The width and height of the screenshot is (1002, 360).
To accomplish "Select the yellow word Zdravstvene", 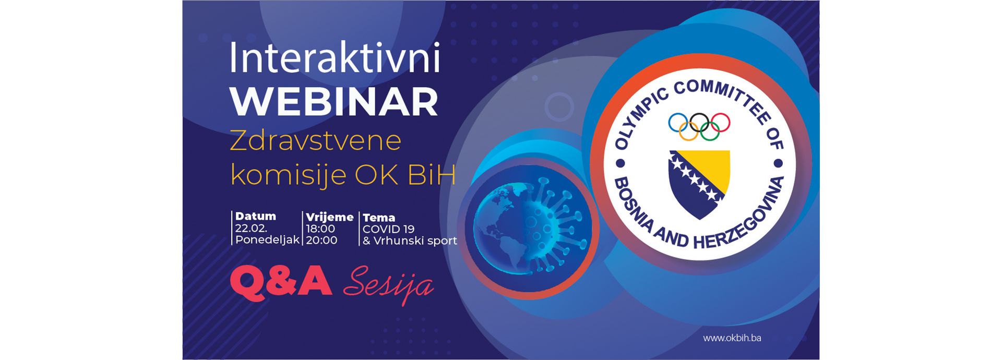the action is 315,141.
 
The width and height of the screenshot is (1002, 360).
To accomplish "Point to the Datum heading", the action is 255,216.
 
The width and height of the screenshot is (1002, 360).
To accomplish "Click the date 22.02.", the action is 251,229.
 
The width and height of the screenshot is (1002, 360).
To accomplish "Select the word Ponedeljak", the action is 267,240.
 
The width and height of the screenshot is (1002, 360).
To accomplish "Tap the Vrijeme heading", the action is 330,217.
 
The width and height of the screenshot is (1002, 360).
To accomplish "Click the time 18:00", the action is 320,229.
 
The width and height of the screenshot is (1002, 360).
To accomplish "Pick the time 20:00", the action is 321,240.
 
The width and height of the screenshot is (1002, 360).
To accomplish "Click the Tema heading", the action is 379,218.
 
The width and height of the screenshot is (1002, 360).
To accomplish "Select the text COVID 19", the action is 388,229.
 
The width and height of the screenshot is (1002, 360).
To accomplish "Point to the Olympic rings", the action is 699,127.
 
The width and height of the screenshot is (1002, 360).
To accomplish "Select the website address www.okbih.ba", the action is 732,338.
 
